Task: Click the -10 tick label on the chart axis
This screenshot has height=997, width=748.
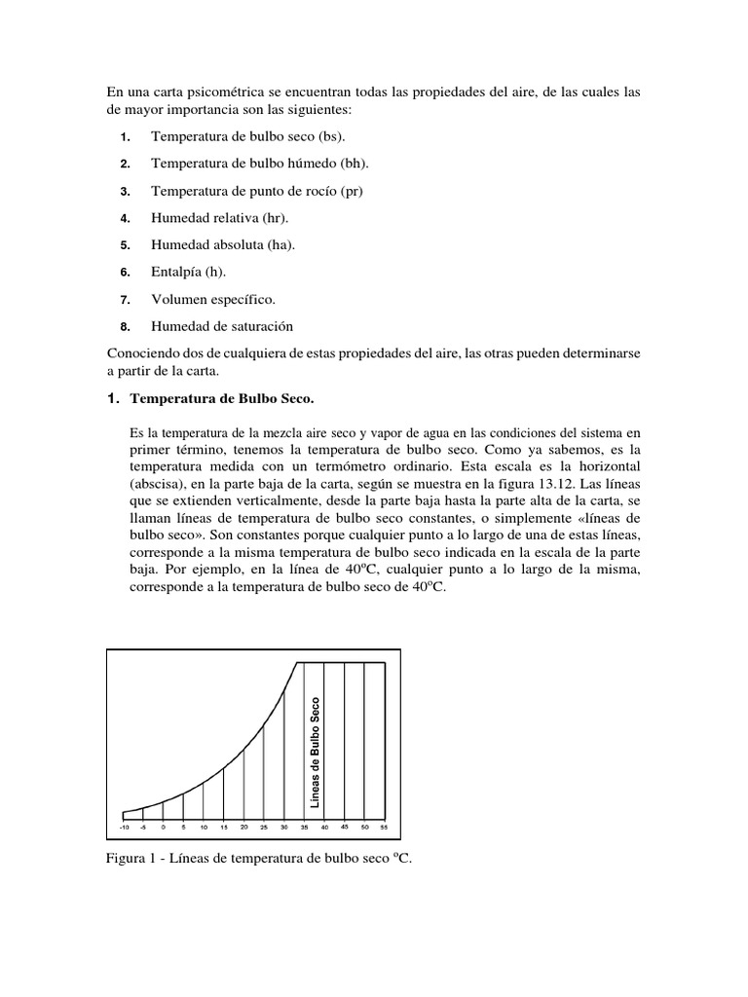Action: (124, 827)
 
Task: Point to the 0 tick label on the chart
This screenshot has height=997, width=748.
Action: (164, 827)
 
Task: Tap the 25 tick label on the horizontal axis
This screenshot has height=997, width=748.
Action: (264, 827)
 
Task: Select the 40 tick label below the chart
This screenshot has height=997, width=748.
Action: (324, 827)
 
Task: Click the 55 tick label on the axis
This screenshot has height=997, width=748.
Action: (384, 827)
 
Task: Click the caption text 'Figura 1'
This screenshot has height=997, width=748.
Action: (131, 861)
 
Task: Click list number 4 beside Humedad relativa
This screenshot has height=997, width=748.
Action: (126, 217)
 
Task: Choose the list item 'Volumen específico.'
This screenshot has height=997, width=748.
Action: (212, 299)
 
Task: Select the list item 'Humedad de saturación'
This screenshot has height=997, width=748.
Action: (221, 326)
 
